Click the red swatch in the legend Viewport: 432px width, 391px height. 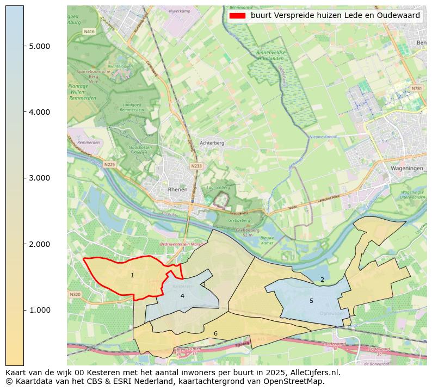coord(238,16)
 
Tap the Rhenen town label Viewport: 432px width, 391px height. coord(178,190)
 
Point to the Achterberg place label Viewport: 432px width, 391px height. coord(196,143)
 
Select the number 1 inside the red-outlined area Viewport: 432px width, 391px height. coord(132,276)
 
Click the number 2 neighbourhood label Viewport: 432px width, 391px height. coord(322,280)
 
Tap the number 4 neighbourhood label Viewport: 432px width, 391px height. coord(182,296)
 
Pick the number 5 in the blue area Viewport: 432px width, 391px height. coord(311,301)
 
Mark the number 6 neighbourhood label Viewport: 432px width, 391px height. coord(215,333)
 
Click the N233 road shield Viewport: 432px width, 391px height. coord(196,166)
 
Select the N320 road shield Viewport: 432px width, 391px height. coord(75,294)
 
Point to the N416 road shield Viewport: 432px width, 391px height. coord(89,32)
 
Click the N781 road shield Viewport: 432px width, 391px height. coord(416,88)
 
